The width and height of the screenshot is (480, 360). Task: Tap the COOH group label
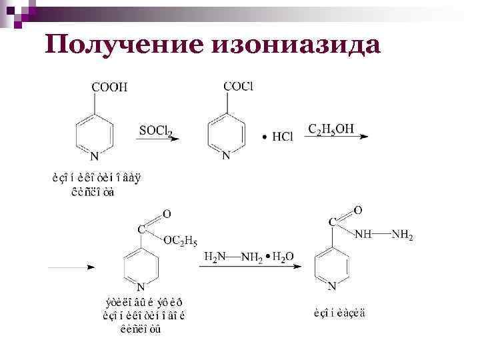click(109, 87)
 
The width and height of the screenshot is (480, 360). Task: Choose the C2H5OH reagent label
click(331, 129)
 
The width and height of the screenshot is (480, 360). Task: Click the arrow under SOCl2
click(160, 138)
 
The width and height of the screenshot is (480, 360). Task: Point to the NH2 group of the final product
click(402, 234)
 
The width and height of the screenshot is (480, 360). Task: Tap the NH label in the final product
click(363, 234)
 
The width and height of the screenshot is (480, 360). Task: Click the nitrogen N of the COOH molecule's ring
click(94, 156)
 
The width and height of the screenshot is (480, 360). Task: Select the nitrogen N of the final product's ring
click(332, 287)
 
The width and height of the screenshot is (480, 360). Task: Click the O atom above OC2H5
click(167, 214)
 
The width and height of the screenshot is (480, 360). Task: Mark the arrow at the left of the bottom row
click(70, 266)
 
